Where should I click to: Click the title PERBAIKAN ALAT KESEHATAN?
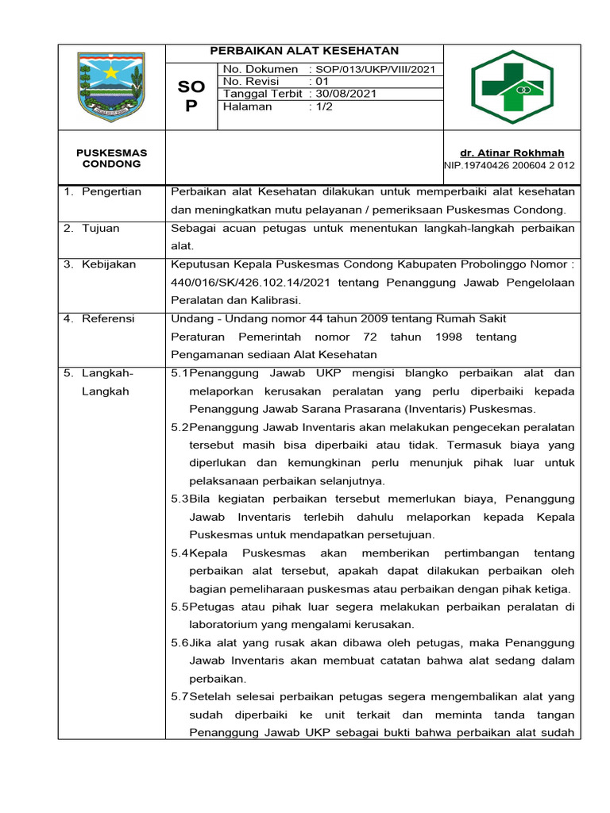click(304, 52)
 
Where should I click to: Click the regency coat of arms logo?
click(111, 86)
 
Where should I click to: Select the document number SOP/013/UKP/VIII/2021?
click(374, 70)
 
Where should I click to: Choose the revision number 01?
click(322, 82)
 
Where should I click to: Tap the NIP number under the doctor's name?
click(509, 165)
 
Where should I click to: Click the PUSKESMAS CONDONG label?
click(111, 158)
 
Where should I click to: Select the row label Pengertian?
click(110, 191)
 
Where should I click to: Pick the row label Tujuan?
click(100, 229)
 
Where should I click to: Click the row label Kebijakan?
click(108, 264)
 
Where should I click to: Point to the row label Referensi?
click(108, 318)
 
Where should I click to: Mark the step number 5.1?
click(180, 373)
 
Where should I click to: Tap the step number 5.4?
click(180, 553)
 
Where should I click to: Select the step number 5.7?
click(180, 697)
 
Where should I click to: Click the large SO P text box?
click(191, 95)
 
